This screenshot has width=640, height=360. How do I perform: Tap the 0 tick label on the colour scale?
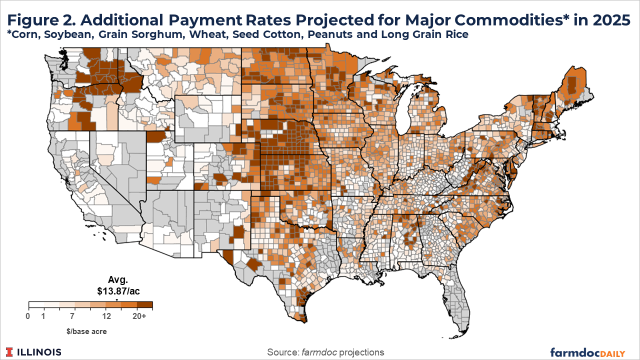click(28, 316)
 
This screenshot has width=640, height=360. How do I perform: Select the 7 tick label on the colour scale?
click(72, 316)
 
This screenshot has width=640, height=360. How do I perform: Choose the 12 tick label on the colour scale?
click(105, 316)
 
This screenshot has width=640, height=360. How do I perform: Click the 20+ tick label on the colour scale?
click(140, 316)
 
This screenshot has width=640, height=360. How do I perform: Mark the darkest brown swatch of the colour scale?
click(145, 304)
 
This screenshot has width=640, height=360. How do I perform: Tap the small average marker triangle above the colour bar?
click(117, 300)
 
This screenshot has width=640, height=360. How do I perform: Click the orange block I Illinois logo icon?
click(10, 352)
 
